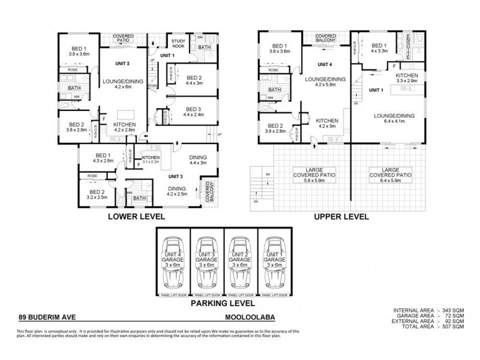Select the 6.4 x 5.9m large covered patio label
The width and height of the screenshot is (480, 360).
(x=390, y=174)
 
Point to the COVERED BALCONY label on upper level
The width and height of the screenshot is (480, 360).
(x=326, y=38)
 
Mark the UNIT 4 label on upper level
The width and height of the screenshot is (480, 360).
(x=325, y=64)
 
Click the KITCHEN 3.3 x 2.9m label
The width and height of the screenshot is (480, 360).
(x=406, y=77)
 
